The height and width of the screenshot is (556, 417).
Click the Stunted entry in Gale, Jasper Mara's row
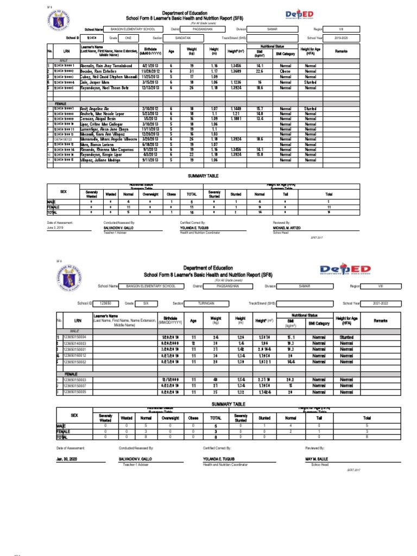pos(310,83)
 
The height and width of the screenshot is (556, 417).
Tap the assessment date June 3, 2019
pos(56,228)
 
